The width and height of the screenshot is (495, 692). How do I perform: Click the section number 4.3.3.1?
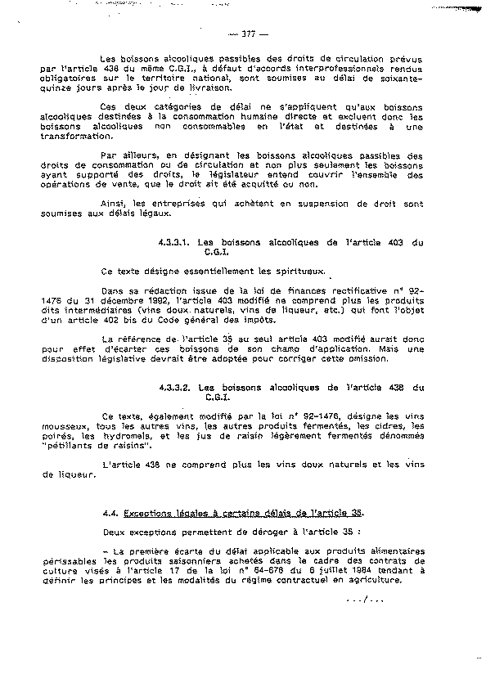click(x=174, y=242)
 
